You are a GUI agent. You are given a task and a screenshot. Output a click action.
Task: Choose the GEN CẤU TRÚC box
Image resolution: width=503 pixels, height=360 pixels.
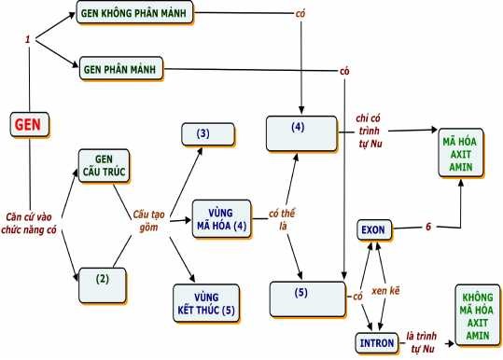(104, 166)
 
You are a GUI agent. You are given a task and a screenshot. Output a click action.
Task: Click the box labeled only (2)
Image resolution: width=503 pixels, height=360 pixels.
(104, 278)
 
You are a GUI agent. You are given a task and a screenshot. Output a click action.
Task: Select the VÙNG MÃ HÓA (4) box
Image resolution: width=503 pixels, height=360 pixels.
(222, 218)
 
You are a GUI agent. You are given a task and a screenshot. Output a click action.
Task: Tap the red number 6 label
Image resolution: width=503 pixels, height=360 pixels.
(428, 227)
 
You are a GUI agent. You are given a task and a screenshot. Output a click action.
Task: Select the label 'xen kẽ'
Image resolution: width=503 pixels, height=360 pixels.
(386, 291)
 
